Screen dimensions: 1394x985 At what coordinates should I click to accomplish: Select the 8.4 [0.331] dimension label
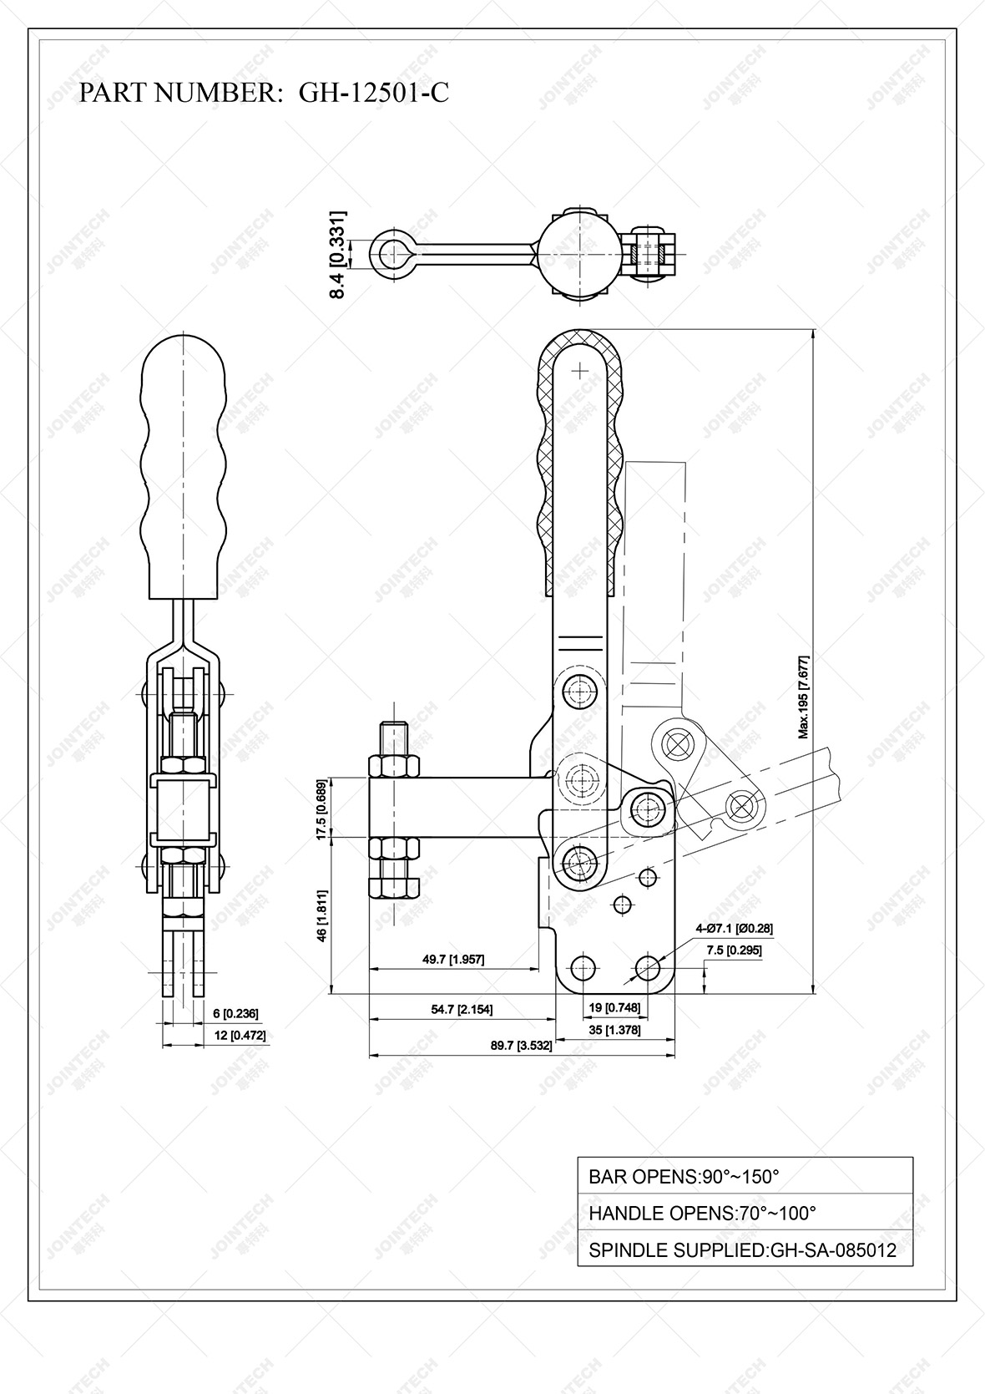pos(337,255)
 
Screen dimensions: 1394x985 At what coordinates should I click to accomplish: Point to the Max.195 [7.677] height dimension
pos(804,697)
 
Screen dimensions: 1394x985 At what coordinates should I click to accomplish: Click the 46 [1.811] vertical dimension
pos(321,916)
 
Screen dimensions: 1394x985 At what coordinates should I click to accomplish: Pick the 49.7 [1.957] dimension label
pos(453,960)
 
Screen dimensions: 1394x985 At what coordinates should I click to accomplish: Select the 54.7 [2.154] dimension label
pos(462,1009)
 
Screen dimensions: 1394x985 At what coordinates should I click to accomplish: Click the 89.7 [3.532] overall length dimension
pos(521,1046)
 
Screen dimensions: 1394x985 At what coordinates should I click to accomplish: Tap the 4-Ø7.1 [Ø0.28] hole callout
pos(734,929)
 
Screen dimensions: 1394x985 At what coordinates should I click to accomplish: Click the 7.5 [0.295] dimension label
pos(734,950)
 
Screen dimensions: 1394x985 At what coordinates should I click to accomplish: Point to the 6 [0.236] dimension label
pos(235,1014)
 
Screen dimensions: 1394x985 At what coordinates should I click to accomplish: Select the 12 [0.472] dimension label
pos(239,1036)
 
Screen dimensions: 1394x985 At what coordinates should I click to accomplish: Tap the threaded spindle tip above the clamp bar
pos(394,737)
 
